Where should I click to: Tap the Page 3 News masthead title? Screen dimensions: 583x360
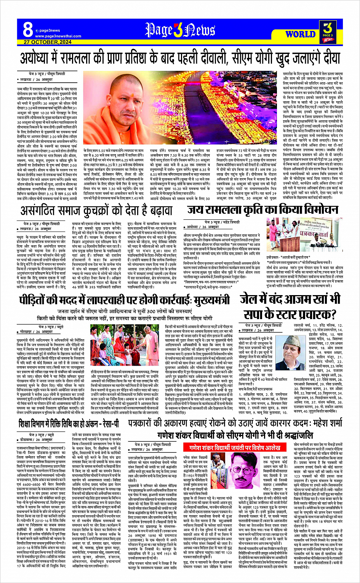click(x=181, y=30)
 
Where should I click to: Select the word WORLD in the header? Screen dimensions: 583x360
click(x=300, y=34)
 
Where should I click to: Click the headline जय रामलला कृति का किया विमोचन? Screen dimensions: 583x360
click(x=262, y=210)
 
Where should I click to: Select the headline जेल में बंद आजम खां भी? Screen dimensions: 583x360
click(x=291, y=298)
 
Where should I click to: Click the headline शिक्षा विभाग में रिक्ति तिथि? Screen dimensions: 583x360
click(x=69, y=424)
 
